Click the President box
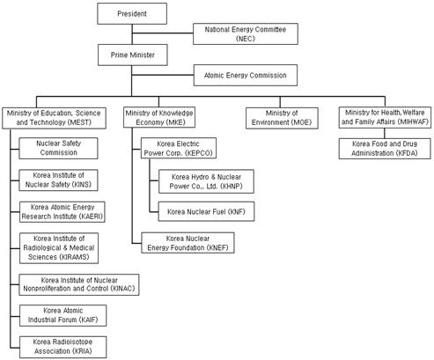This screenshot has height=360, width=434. tap(132, 13)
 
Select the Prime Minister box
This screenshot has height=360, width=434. tap(133, 55)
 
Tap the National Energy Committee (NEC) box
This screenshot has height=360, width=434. tap(246, 33)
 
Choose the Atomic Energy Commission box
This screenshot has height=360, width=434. tap(246, 75)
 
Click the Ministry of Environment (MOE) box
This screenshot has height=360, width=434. tap(282, 118)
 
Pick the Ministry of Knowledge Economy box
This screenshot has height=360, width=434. tap(159, 117)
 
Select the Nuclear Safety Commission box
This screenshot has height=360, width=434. tap(58, 148)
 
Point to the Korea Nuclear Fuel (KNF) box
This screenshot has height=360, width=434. tap(206, 211)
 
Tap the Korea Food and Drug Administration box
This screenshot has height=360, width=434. tap(385, 149)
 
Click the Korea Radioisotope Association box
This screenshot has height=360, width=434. tap(63, 347)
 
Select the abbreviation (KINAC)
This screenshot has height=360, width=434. tap(122, 289)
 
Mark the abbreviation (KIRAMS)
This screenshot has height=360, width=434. tap(74, 257)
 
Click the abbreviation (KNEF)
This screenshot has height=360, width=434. tap(217, 247)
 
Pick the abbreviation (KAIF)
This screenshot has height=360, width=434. tap(87, 320)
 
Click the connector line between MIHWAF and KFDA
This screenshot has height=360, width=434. tap(385, 133)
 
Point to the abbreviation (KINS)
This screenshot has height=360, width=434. tap(82, 185)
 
